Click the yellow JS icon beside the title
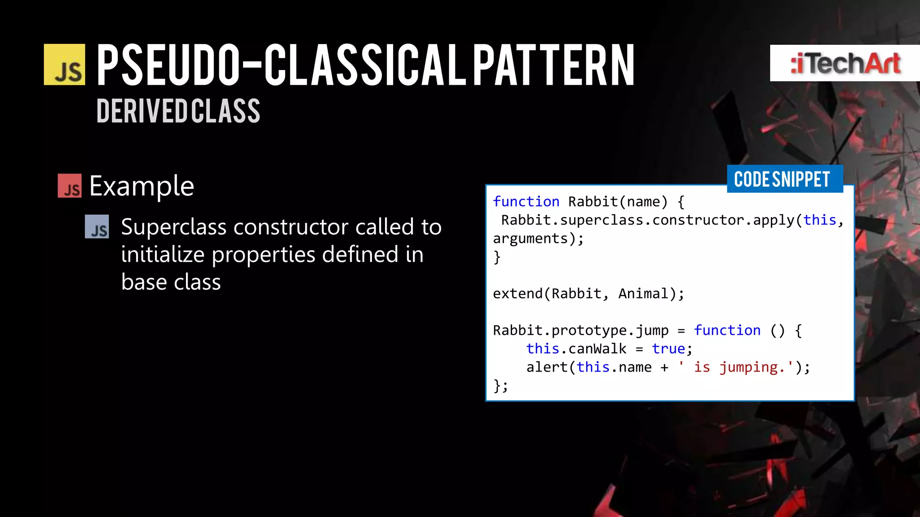(64, 65)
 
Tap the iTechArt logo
(845, 63)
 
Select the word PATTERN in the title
(553, 65)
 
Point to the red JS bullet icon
(70, 186)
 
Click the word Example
(142, 186)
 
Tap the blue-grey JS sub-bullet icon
(97, 227)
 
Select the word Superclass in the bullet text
(173, 227)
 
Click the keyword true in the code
(668, 349)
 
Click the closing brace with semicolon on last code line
(500, 386)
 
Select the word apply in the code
(774, 220)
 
